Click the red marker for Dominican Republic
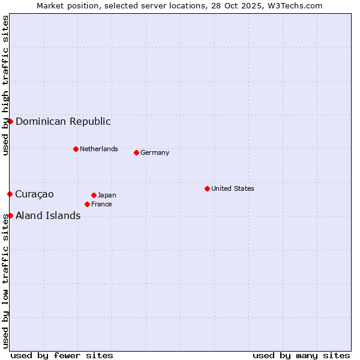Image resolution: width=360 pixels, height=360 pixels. click(x=10, y=121)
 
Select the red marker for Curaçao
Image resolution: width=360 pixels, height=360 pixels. click(x=10, y=194)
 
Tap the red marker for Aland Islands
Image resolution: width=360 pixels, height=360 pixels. click(x=10, y=215)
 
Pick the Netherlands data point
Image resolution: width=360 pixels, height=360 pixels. click(x=76, y=149)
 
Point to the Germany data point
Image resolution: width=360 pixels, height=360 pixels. click(x=136, y=152)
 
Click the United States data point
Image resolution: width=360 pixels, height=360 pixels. click(x=207, y=188)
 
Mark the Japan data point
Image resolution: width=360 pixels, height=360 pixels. click(x=94, y=195)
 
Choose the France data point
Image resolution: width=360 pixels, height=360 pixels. click(x=87, y=204)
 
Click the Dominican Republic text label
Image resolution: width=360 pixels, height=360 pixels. click(x=63, y=121)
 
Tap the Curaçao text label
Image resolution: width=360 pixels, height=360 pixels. click(x=34, y=194)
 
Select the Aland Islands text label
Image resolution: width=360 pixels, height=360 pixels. click(x=48, y=215)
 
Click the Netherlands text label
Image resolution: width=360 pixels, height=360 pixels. click(x=99, y=149)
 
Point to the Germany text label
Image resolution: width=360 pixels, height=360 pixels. click(x=155, y=152)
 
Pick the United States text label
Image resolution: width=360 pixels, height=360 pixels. click(x=233, y=188)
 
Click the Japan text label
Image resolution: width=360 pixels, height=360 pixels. click(x=107, y=195)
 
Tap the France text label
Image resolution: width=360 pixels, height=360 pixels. click(x=101, y=204)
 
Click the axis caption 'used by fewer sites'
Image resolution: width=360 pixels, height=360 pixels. click(x=62, y=355)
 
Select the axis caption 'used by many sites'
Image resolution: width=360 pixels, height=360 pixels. click(x=301, y=355)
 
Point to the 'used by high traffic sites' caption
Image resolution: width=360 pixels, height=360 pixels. click(x=5, y=85)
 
